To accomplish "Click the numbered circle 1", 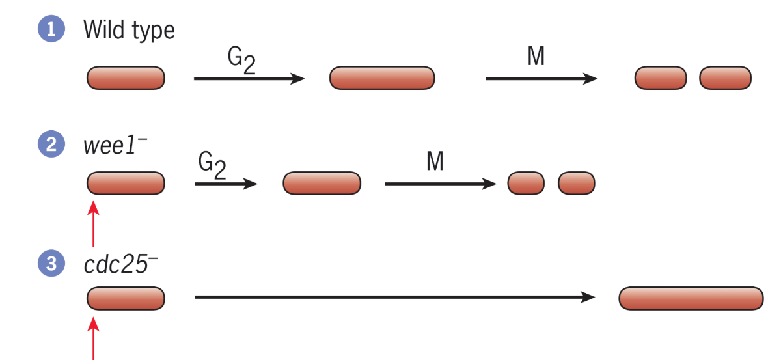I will [51, 30].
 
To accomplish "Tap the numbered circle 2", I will [51, 145].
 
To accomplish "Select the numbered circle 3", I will [51, 264].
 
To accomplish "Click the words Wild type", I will [129, 30].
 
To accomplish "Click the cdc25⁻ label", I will [120, 265].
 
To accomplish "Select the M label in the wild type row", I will [536, 57].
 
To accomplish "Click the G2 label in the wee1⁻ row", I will [212, 167].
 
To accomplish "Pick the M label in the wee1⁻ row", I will [435, 161].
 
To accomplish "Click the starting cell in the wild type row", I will [126, 78].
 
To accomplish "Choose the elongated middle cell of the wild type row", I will [382, 78].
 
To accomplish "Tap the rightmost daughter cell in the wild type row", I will [726, 78].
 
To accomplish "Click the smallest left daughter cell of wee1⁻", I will [526, 183].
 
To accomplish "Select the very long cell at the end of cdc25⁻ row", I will [691, 298].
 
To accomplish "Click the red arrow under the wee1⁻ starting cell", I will [94, 224].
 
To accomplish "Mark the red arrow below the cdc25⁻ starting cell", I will [94, 338].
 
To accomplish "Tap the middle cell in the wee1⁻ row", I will [322, 183].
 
